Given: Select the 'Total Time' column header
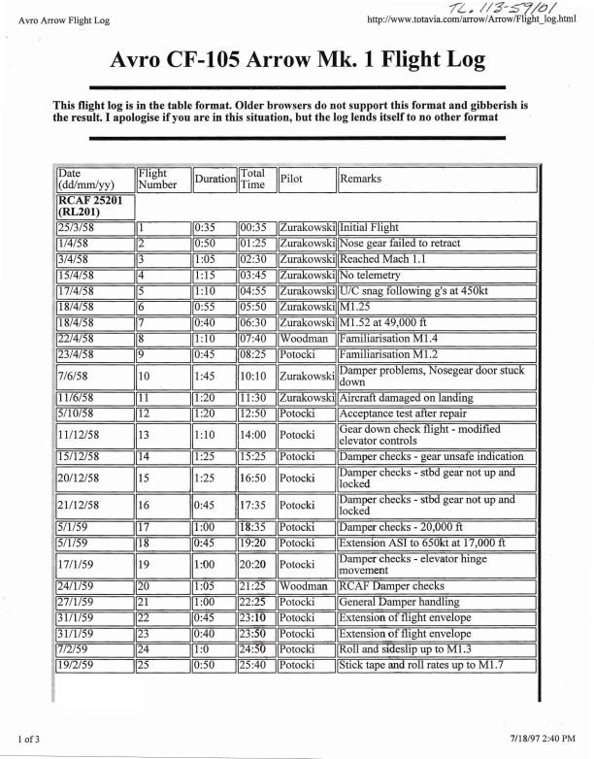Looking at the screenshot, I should (252, 179).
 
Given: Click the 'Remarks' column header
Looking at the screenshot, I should (361, 179).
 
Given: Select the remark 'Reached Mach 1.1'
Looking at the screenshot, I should (384, 259).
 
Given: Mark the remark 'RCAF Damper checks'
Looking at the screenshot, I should (391, 586).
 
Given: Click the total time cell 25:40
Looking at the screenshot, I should (253, 665).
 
